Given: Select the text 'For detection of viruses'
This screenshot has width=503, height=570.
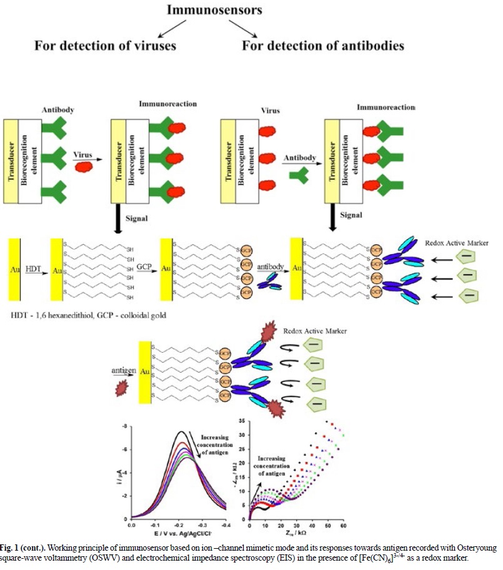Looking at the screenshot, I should [x=105, y=45].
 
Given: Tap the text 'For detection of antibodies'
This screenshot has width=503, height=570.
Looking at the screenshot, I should [x=323, y=45].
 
